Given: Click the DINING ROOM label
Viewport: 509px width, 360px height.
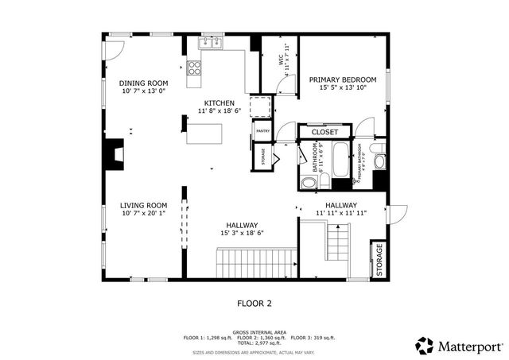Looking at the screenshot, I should point(144,83).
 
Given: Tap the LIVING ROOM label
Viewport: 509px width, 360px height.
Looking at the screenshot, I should point(144,205).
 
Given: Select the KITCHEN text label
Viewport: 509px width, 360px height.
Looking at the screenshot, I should point(219,103).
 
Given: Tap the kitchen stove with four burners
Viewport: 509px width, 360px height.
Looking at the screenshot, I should point(193,69).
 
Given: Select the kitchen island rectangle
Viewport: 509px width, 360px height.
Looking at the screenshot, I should point(205,135).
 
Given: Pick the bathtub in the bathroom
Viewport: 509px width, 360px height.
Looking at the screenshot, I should point(340,161).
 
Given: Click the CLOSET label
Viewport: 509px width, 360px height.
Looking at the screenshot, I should point(324,132).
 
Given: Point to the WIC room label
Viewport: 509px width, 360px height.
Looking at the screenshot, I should point(280,59).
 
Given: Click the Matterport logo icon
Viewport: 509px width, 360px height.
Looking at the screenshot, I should point(425,345).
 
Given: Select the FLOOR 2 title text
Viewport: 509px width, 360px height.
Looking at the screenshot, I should point(254,303).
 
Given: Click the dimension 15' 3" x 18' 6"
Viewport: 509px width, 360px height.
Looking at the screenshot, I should point(242,234).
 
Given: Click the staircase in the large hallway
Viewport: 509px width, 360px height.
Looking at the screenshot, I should point(257,262).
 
